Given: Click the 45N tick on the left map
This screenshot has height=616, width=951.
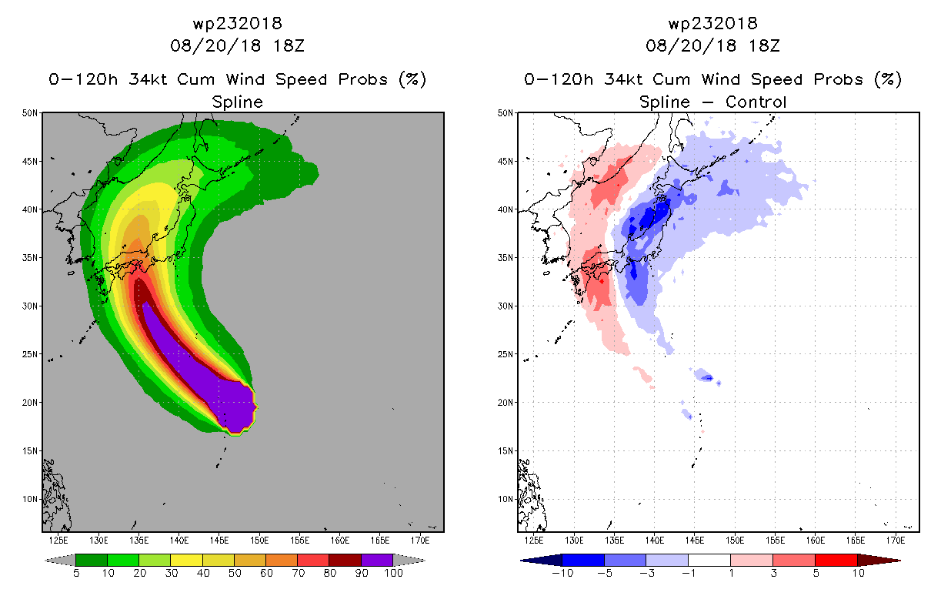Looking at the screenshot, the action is point(30,162).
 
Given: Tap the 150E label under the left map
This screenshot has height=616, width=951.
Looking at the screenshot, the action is point(259,541).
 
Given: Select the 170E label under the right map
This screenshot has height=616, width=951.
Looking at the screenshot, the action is point(896,541).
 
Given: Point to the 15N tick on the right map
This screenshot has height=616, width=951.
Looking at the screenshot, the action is point(506,450).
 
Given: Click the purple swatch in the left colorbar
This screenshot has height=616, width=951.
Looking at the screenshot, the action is point(377,560).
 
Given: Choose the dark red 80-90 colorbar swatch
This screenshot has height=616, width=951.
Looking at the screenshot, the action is point(345,560).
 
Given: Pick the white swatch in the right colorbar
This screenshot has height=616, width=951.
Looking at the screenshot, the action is point(709,560).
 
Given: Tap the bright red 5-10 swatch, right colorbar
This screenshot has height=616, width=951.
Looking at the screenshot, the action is point(836,560).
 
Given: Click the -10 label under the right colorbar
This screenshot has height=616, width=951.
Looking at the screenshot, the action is point(562,573).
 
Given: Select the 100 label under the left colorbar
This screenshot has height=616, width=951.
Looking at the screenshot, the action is point(393,573).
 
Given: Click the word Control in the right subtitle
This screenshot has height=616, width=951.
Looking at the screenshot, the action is point(756,102).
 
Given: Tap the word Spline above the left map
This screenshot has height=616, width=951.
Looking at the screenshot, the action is point(237,102).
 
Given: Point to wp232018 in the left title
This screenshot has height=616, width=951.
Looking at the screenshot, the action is point(237,23).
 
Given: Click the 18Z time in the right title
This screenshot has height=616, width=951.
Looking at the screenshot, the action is point(764,45).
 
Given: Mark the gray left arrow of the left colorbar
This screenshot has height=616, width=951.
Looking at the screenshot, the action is point(60,560).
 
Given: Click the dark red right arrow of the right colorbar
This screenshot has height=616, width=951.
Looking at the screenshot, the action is point(879,560).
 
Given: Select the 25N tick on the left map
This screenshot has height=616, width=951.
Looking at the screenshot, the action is point(30,354).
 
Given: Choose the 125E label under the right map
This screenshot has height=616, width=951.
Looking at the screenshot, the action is point(534,541).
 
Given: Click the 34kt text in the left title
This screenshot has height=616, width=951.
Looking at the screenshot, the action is point(148,79).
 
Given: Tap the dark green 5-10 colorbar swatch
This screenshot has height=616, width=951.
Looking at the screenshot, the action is point(92,560).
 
